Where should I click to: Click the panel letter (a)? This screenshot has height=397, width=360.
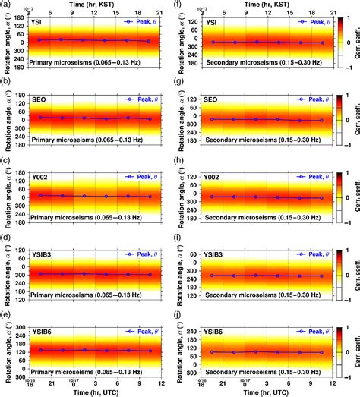(x=6, y=5)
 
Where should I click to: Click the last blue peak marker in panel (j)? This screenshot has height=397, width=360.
(x=324, y=353)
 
